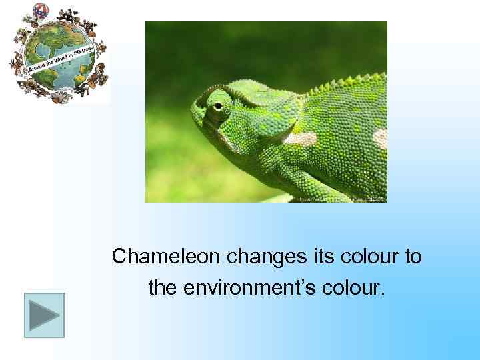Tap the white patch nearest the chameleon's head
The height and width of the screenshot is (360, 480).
tap(299, 139)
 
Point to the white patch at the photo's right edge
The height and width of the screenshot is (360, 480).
tap(381, 138)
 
